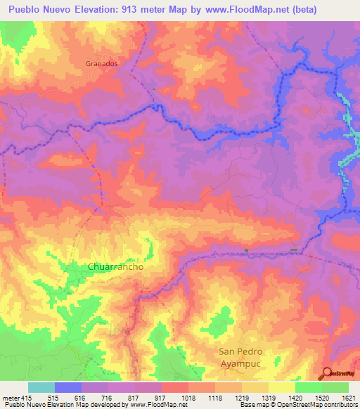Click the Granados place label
[101, 63]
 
